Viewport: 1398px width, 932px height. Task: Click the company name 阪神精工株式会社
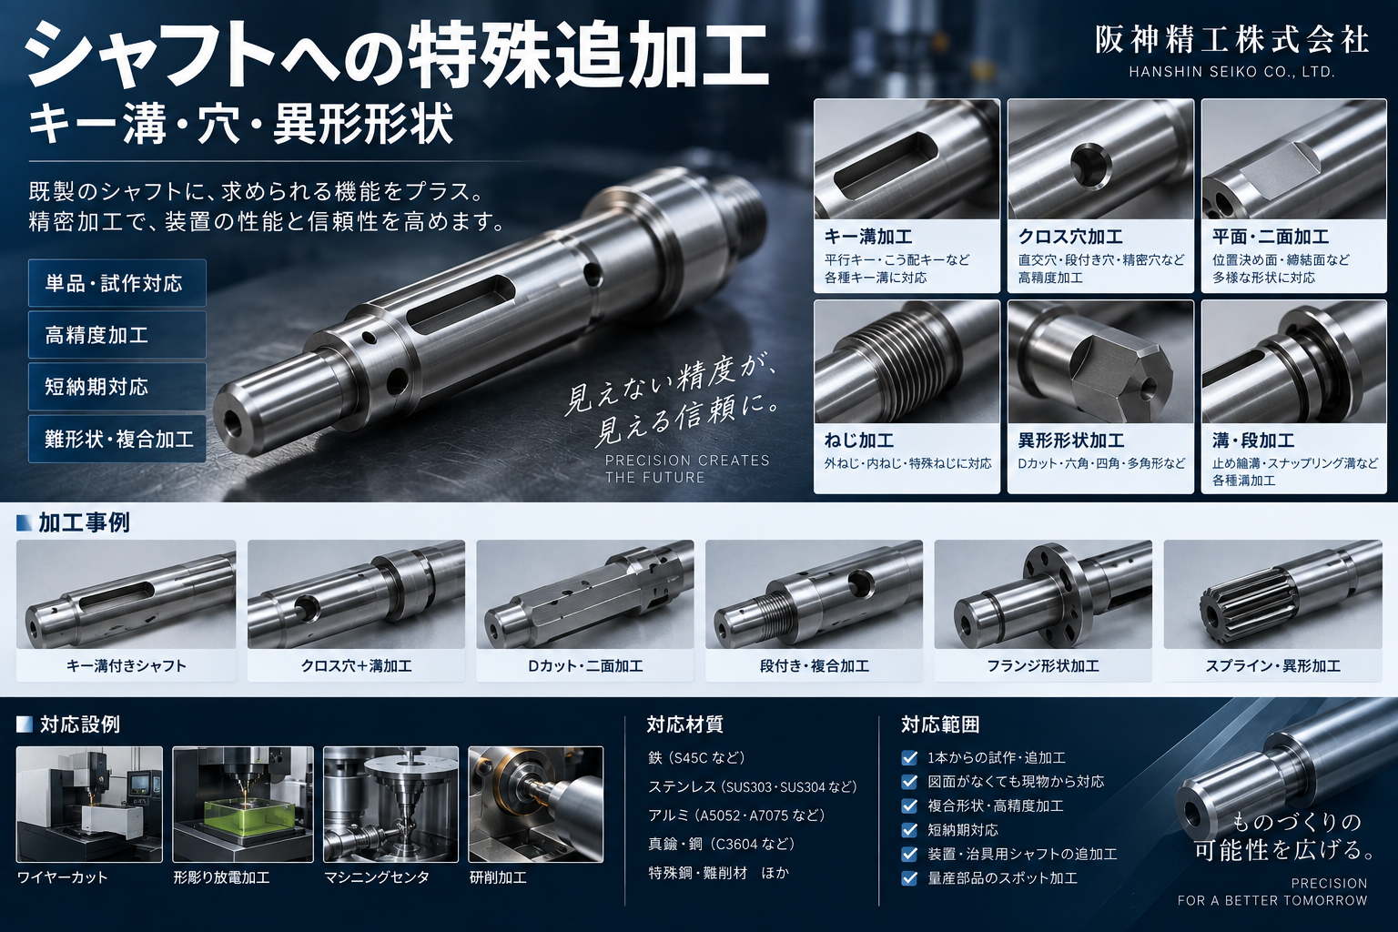click(1232, 41)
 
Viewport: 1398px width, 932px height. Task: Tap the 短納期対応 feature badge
click(116, 387)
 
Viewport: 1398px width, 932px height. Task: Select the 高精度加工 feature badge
click(116, 335)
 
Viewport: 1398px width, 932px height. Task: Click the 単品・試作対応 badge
click(116, 283)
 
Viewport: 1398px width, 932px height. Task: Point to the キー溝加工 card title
click(868, 237)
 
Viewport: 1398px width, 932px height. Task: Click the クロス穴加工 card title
click(1070, 237)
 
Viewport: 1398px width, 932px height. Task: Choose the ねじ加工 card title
click(859, 441)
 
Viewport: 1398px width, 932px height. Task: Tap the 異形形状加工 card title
click(1071, 441)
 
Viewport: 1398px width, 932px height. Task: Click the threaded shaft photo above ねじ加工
click(907, 361)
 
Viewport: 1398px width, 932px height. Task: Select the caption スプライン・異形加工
click(1272, 666)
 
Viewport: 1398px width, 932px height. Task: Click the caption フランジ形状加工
click(1043, 666)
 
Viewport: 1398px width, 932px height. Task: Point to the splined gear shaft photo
click(1272, 594)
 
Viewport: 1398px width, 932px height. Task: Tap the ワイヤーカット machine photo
click(89, 804)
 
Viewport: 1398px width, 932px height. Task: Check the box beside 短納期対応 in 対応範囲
click(909, 830)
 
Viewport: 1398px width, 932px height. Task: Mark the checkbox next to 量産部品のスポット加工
click(909, 878)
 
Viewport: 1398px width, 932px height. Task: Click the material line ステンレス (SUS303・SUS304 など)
click(752, 786)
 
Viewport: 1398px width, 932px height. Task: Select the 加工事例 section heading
click(84, 522)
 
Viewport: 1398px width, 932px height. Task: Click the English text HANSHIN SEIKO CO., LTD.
click(1232, 72)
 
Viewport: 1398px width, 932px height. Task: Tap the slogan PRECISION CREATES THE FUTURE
click(687, 469)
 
